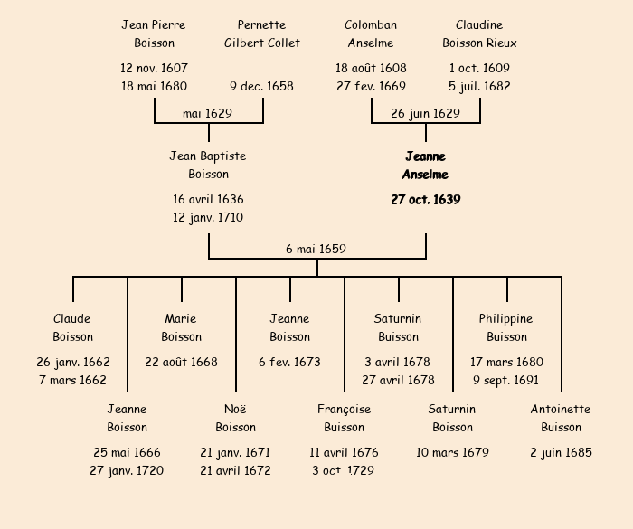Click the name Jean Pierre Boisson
[154, 33]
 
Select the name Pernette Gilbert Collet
[262, 33]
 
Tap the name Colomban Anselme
[371, 33]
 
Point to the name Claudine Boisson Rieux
[479, 33]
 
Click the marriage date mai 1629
[207, 113]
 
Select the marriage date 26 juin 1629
[425, 113]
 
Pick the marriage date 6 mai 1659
[316, 249]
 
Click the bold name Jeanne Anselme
[425, 165]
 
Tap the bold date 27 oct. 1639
[425, 200]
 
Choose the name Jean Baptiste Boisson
[208, 165]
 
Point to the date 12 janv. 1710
[208, 217]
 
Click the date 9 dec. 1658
[261, 87]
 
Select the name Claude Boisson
[72, 327]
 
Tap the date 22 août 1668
[181, 362]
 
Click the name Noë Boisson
[235, 418]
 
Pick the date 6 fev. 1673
[289, 362]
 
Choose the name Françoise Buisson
[344, 418]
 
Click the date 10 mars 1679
[452, 452]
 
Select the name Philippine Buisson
[506, 327]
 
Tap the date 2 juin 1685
[561, 452]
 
